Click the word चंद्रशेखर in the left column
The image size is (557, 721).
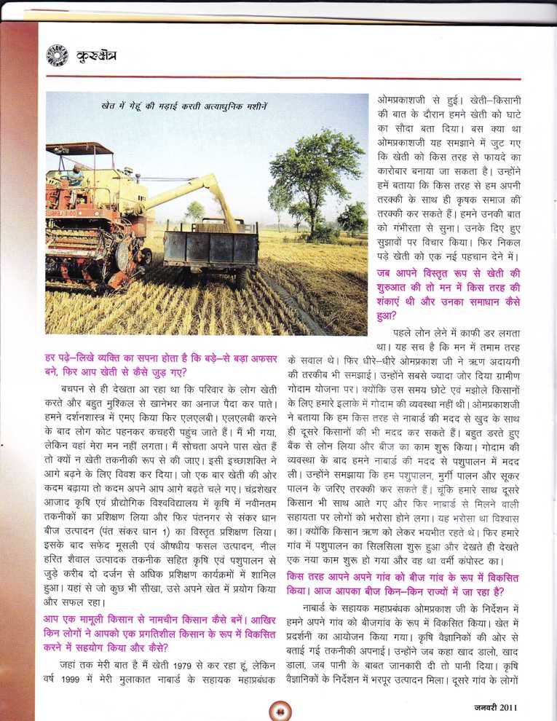click(x=233, y=483)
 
